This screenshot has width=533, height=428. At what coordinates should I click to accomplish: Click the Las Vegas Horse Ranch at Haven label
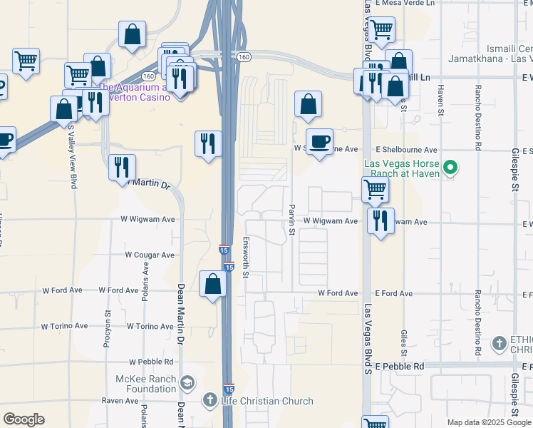coord(402,168)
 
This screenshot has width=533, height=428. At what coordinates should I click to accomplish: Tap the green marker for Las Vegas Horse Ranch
coord(450,169)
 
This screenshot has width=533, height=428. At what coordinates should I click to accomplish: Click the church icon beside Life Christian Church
coord(210,400)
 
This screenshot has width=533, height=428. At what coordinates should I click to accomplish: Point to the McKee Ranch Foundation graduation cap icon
coord(187,384)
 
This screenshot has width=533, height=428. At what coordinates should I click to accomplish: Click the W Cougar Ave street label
coord(150,255)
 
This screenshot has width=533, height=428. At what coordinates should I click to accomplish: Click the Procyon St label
coord(108,322)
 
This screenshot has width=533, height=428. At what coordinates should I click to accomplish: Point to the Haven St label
coord(441,99)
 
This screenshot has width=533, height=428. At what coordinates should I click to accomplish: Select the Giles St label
coord(403,342)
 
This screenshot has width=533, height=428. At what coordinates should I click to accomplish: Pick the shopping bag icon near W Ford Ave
coord(213,284)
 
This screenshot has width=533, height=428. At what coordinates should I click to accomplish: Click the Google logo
coord(24,419)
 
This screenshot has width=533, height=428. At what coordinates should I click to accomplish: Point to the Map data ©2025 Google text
coord(488,422)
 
